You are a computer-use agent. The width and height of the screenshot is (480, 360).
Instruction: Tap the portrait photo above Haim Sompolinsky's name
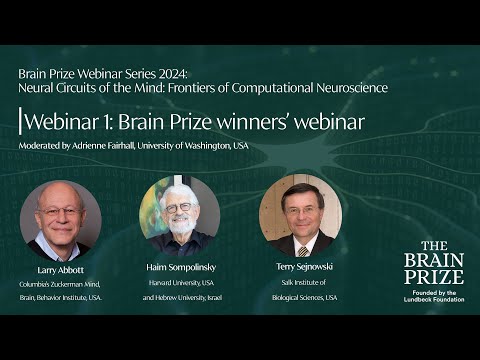point(180,216)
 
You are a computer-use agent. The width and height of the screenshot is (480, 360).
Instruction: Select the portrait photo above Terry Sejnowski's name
point(300,215)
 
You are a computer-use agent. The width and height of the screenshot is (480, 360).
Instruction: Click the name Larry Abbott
point(60,271)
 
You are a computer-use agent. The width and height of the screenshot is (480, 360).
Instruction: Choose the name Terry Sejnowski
point(300,269)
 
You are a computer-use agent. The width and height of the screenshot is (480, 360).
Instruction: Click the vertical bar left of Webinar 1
point(20,122)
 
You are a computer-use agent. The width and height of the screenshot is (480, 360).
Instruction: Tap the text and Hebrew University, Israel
point(180,297)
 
